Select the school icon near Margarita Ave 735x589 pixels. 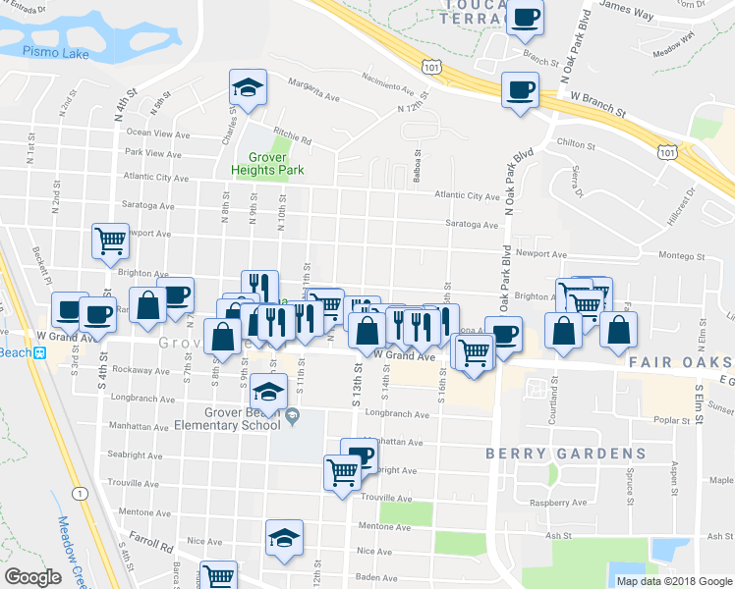point(249,87)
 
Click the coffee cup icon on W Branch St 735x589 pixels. point(518,89)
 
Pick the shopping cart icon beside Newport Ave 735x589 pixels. point(111,241)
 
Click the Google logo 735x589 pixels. point(33,577)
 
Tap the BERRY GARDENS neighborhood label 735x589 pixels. point(566,454)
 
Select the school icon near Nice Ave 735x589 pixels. point(284,537)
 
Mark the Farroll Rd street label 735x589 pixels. point(152,539)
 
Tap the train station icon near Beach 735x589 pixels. point(40,353)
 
